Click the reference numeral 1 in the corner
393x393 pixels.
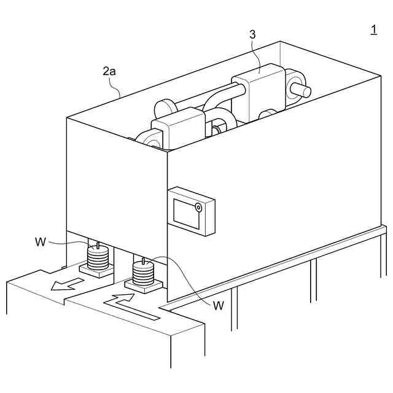point(373,29)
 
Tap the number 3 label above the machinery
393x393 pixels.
point(252,34)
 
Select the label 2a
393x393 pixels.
point(109,71)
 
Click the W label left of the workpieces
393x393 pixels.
point(41,242)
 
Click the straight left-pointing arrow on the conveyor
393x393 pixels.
point(68,284)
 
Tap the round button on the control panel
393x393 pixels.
point(199,208)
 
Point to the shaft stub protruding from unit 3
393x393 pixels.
point(301,90)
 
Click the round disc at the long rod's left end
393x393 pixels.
point(165,110)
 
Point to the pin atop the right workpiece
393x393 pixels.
point(144,261)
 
